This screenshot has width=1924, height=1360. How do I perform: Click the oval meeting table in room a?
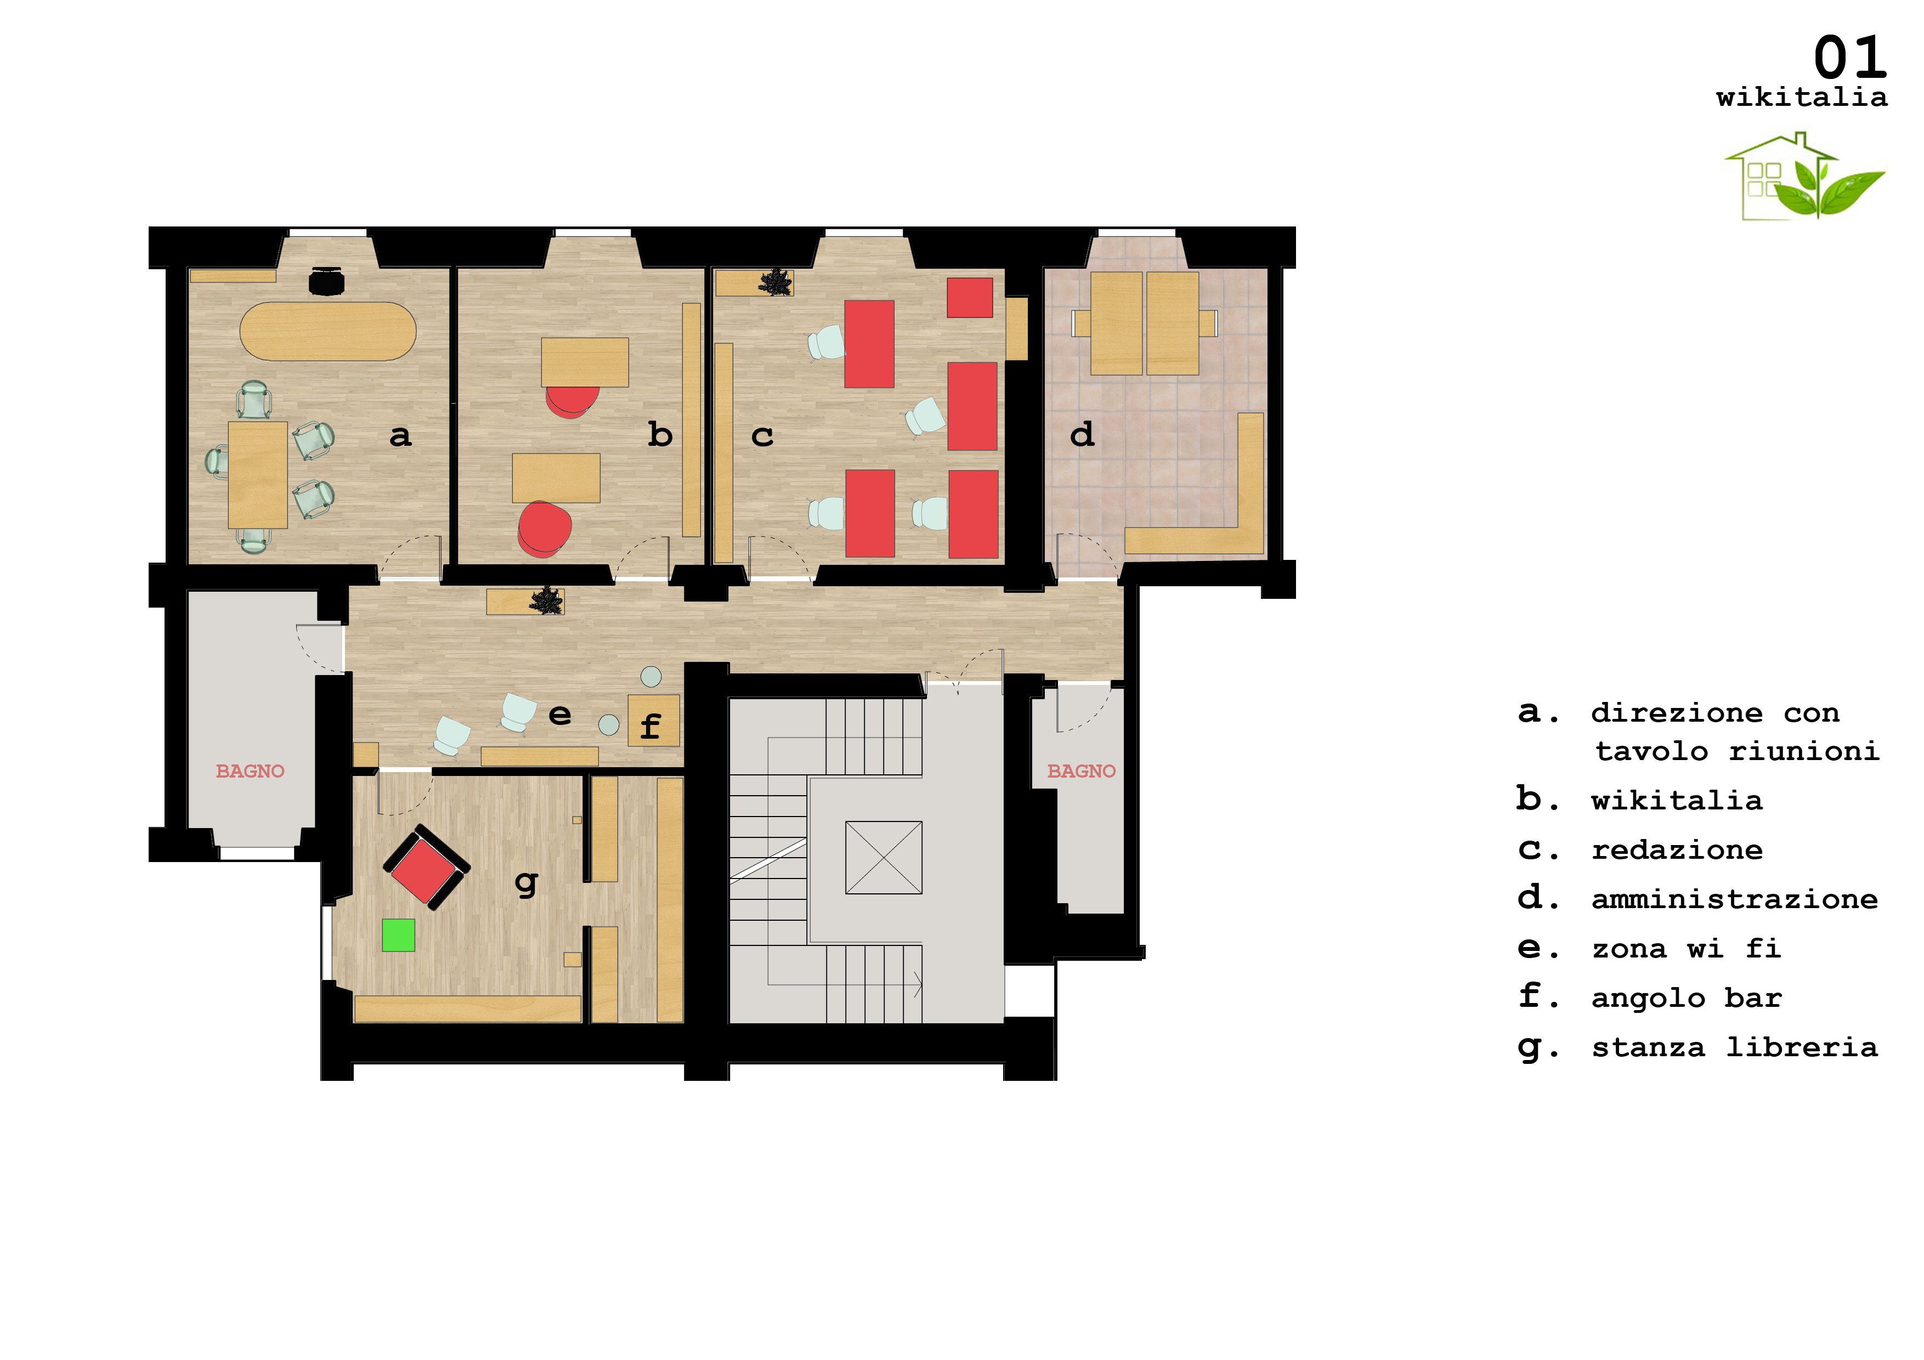click(x=327, y=332)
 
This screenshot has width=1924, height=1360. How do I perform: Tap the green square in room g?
click(x=398, y=935)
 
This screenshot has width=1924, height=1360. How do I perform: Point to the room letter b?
click(x=660, y=434)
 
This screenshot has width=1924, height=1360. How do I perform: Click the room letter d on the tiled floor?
click(x=1082, y=434)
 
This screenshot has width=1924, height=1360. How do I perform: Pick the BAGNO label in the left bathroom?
click(x=250, y=771)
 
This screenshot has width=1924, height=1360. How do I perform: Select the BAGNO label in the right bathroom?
click(x=1081, y=771)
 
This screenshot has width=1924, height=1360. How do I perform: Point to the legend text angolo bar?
click(x=1686, y=998)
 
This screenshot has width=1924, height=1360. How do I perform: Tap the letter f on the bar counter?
click(x=650, y=726)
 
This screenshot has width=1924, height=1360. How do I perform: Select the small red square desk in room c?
click(x=970, y=297)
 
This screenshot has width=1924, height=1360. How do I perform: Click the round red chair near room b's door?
click(x=545, y=529)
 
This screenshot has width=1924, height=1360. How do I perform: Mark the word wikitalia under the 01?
click(x=1802, y=97)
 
